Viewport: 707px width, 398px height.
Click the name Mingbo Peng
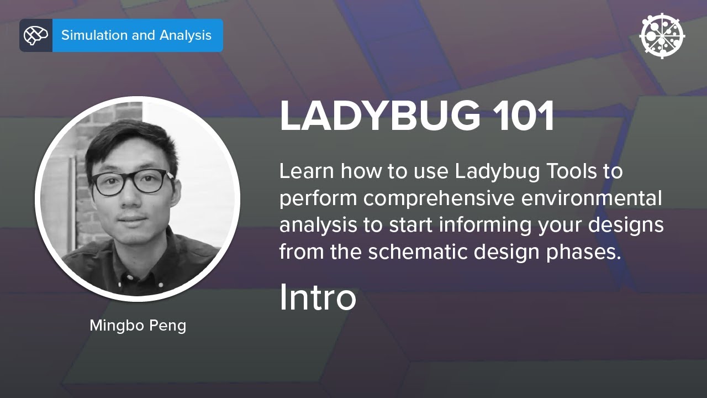click(x=138, y=325)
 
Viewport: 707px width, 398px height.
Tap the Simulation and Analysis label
click(x=136, y=35)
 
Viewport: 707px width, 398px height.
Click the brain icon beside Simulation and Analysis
click(x=36, y=35)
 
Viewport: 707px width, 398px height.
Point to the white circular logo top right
click(x=662, y=35)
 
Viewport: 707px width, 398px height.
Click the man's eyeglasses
click(x=130, y=182)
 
